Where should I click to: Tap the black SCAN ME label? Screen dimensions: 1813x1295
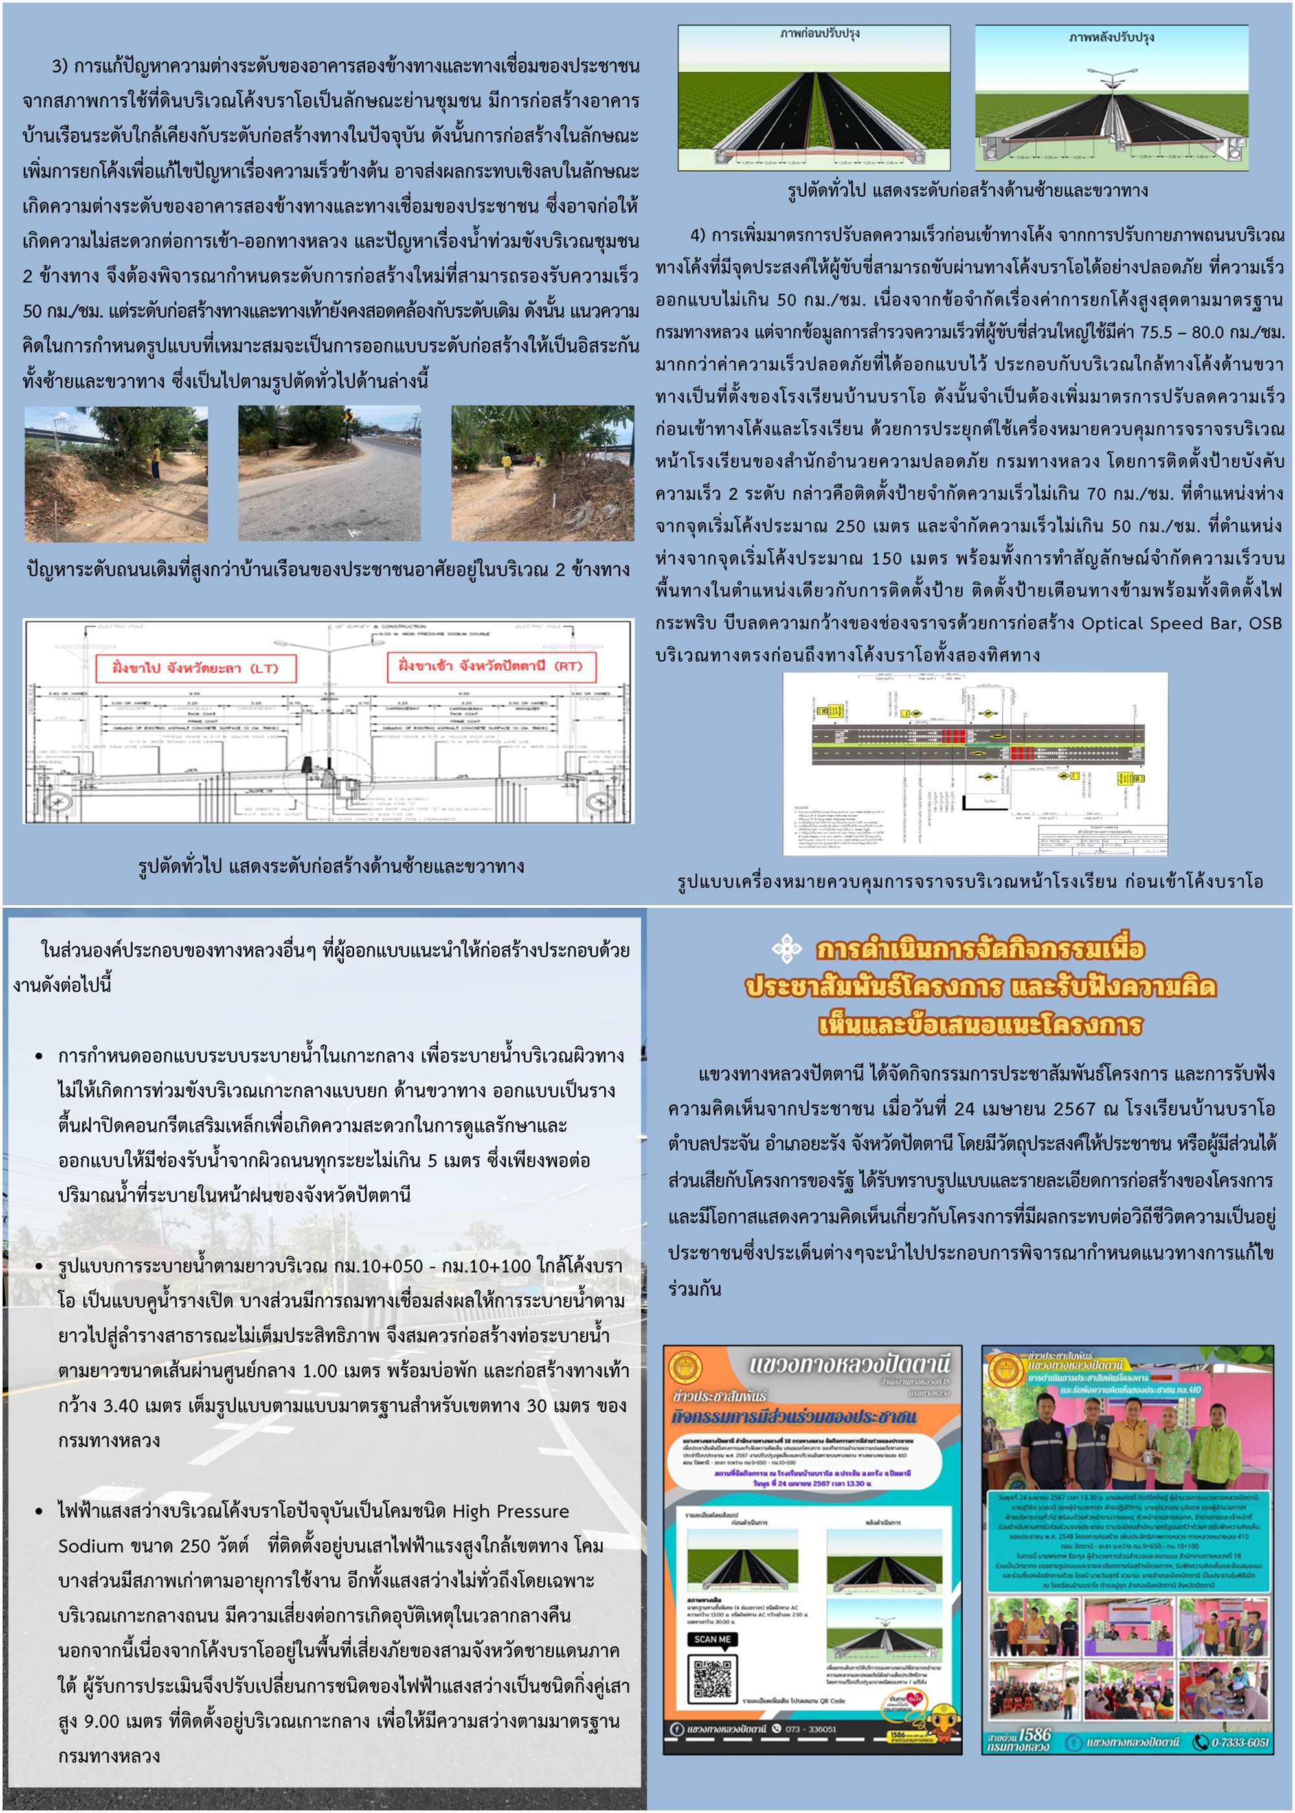[x=712, y=1639]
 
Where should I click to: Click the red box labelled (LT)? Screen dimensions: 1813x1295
[x=196, y=668]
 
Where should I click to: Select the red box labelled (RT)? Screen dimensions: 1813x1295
[x=490, y=666]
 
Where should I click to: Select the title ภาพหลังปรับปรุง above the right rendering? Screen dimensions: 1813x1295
[x=1111, y=37]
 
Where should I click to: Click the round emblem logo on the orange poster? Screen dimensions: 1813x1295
[x=685, y=1368]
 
